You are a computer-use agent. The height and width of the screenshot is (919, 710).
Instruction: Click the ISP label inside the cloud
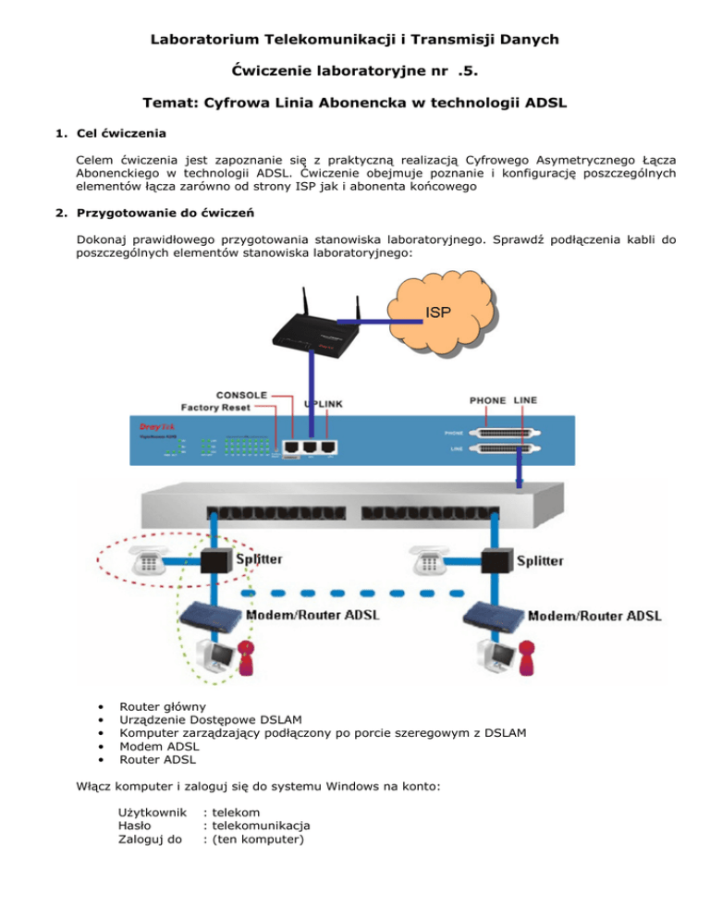click(x=439, y=312)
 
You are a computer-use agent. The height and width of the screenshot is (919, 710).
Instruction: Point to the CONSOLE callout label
click(x=241, y=394)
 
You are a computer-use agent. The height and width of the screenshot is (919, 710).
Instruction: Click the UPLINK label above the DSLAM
click(x=325, y=404)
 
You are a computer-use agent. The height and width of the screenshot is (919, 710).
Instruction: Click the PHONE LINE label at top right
click(x=503, y=400)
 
